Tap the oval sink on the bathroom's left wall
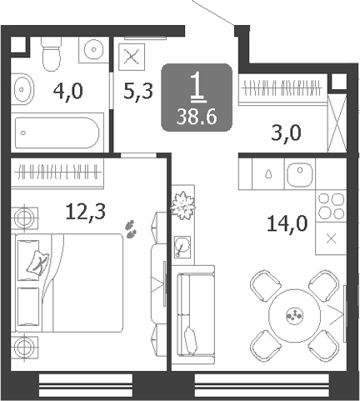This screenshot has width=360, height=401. pos(22,89)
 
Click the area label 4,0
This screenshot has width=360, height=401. pos(68,92)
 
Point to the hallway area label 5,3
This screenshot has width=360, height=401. pos(138,92)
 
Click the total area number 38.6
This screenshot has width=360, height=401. pos(197,117)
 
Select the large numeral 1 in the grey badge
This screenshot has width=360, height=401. pos(197,86)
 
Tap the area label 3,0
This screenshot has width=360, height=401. pos(286,133)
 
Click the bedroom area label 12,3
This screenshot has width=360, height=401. pos(86,212)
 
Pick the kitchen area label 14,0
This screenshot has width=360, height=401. pos(287,223)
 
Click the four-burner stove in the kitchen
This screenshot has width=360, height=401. pos(331,206)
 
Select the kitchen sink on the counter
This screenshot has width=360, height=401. pos(299,174)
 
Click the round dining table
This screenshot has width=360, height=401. pos(294,315)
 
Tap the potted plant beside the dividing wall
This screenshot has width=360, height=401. pos(182,206)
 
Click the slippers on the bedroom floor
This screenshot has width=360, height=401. pos(131,229)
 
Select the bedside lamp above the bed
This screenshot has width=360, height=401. pos(24,218)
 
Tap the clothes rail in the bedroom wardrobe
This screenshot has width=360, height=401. pos(57,173)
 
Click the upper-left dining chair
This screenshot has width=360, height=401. pos(265,285)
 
